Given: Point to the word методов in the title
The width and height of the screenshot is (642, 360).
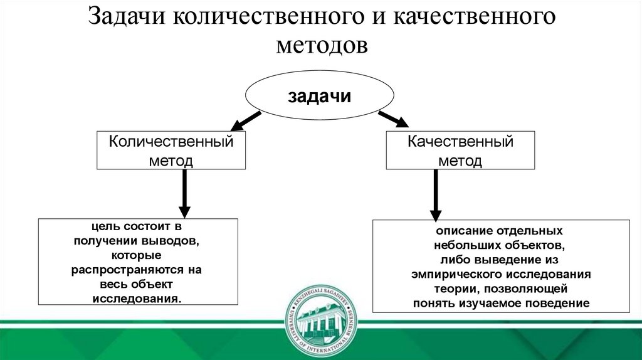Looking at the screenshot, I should pyautogui.click(x=320, y=46).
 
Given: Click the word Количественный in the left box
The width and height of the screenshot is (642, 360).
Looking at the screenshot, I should pyautogui.click(x=171, y=142).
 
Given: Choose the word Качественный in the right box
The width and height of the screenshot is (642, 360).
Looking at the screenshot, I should pyautogui.click(x=461, y=142).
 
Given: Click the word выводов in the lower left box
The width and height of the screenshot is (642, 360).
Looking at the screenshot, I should pyautogui.click(x=174, y=241).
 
